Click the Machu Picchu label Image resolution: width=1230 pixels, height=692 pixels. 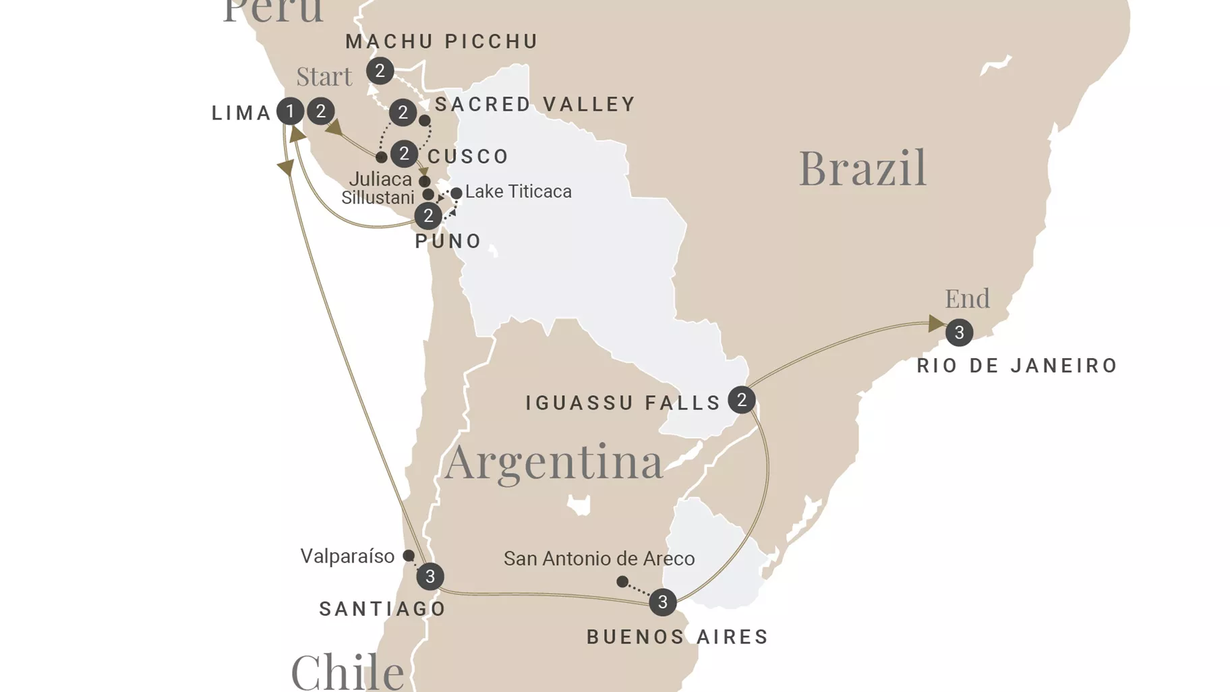[x=442, y=42]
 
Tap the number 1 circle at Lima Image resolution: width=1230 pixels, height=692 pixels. [x=290, y=111]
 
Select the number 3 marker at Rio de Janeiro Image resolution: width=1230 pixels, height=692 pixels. [x=959, y=333]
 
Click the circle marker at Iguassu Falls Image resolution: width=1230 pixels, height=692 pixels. [x=741, y=401]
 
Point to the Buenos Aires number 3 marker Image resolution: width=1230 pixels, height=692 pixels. [x=662, y=602]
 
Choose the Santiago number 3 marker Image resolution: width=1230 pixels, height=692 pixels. [x=430, y=577]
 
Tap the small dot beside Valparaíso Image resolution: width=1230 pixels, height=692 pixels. [x=409, y=556]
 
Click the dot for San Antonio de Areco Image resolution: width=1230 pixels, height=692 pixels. [x=622, y=581]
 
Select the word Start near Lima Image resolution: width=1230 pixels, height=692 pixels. [x=324, y=77]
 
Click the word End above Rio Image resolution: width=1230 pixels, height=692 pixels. [x=967, y=298]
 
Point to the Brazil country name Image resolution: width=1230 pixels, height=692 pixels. [x=862, y=168]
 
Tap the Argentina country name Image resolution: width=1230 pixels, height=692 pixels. [x=554, y=462]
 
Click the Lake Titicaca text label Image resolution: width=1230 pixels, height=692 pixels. [x=518, y=192]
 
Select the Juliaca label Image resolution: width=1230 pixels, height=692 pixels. [x=380, y=179]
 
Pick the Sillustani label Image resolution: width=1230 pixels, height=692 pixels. [x=378, y=198]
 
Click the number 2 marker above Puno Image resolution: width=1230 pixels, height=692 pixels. [x=428, y=217]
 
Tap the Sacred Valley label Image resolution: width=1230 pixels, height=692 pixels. [x=535, y=105]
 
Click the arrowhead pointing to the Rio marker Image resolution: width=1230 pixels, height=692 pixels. [x=935, y=324]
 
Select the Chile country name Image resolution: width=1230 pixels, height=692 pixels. [x=347, y=671]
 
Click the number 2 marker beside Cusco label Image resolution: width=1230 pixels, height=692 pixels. [x=404, y=154]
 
